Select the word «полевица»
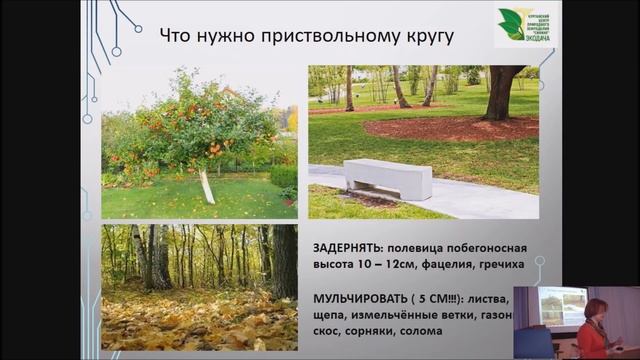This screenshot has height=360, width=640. pos(432,246)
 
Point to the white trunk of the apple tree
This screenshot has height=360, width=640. pos(207,186)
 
